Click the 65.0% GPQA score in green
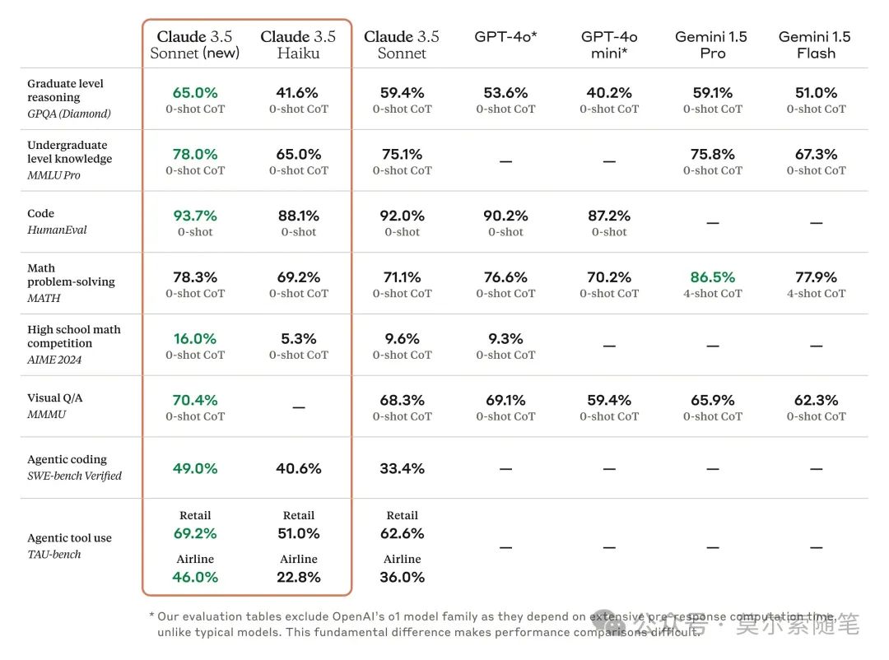coord(195,93)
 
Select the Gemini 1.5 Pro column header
coord(712,44)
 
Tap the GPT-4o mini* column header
coord(609,44)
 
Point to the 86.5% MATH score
coord(712,277)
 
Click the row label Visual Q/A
coord(55,398)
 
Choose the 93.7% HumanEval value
coord(195,216)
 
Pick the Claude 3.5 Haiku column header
coord(298,44)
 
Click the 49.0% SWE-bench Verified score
coord(195,468)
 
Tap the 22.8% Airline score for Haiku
coord(298,577)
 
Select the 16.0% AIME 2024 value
coord(195,338)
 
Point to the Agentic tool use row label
coord(69,538)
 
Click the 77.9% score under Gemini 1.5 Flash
coord(816,277)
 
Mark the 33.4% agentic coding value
coord(402,468)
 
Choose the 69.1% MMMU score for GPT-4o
coord(505,400)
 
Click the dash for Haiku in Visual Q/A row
coord(298,407)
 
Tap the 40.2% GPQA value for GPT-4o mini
coord(609,93)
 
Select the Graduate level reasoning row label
coord(65,91)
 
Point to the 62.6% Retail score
coord(402,533)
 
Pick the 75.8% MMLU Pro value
coord(712,154)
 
